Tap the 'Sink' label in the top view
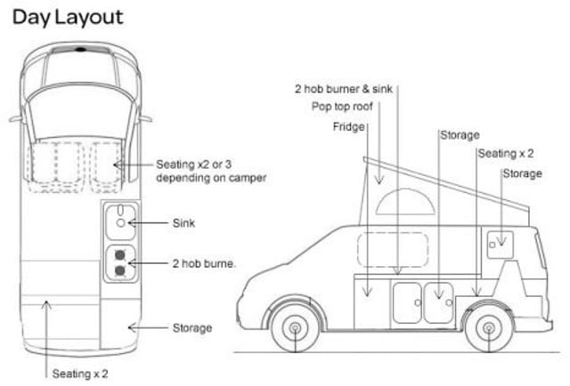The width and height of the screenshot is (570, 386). [x=184, y=222]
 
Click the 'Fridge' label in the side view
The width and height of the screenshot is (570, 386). [x=349, y=126]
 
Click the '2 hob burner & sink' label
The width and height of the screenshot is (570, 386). [x=343, y=88]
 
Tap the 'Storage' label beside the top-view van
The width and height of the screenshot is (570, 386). [x=192, y=328]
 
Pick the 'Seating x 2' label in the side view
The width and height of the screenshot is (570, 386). [x=506, y=154]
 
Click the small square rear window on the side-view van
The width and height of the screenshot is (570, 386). [x=499, y=240]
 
